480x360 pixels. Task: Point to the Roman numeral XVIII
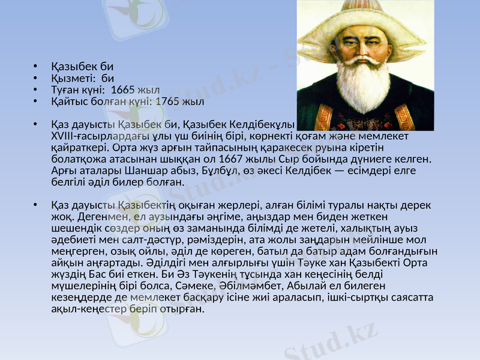[x=65, y=136]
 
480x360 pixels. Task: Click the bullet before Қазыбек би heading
[x=36, y=67]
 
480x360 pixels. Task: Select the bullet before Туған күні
[x=36, y=89]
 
